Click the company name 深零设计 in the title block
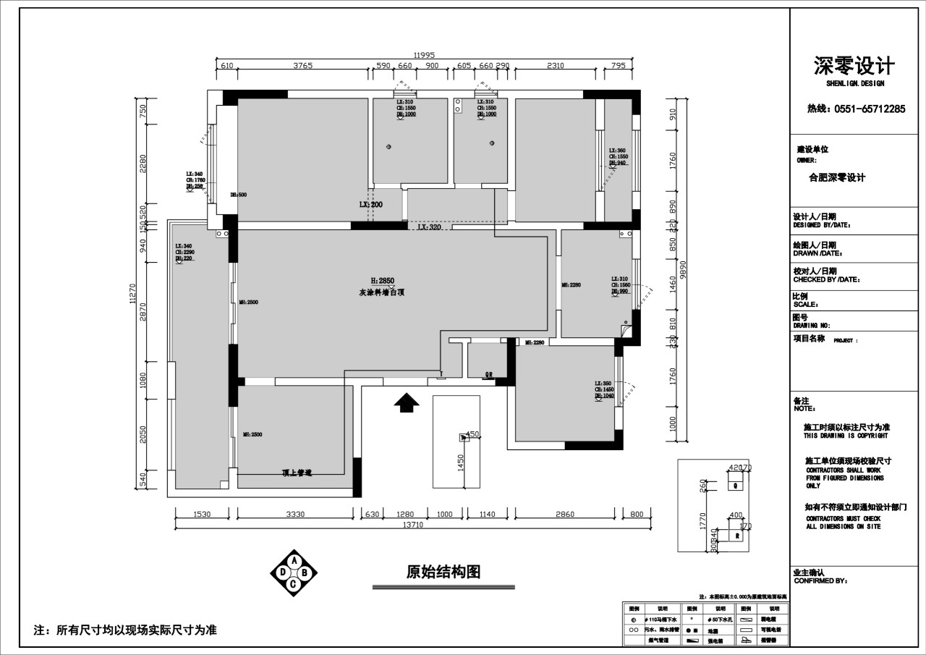coord(854,67)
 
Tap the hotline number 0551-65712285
coord(856,109)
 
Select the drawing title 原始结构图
coord(443,572)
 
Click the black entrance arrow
coord(407,402)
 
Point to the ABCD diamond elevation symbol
coord(293,572)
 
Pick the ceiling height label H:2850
coord(382,280)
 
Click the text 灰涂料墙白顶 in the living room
coord(381,293)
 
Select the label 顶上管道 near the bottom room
coord(297,473)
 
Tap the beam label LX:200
coord(370,205)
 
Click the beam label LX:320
coord(429,227)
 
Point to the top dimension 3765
coord(302,66)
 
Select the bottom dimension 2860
coord(564,515)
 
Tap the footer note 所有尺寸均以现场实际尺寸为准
coord(126,630)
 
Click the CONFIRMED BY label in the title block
coord(820,580)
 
